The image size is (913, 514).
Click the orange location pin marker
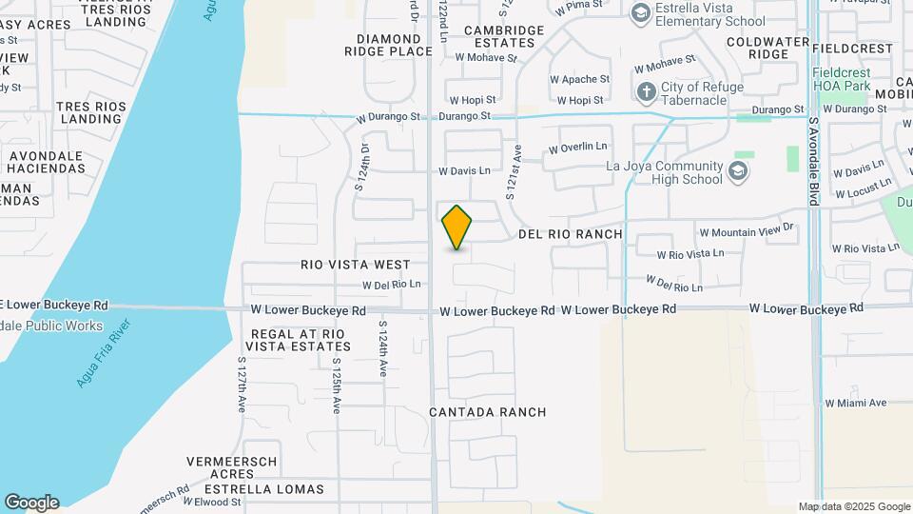pyautogui.click(x=457, y=227)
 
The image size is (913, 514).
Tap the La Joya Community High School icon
pyautogui.click(x=738, y=171)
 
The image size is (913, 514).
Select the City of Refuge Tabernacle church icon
pyautogui.click(x=647, y=92)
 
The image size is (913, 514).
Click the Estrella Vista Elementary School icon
pyautogui.click(x=641, y=12)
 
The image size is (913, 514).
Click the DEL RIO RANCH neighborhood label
pyautogui.click(x=571, y=234)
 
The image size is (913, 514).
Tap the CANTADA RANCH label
pyautogui.click(x=488, y=412)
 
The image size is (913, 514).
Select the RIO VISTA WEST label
pyautogui.click(x=356, y=265)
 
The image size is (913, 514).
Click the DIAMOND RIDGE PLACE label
pyautogui.click(x=395, y=45)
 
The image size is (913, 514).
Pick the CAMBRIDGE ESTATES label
pyautogui.click(x=504, y=36)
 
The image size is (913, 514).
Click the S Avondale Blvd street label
pyautogui.click(x=814, y=162)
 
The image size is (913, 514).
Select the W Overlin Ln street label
pyautogui.click(x=578, y=148)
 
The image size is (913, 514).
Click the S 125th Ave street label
pyautogui.click(x=336, y=385)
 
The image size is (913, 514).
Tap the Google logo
pyautogui.click(x=31, y=503)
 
